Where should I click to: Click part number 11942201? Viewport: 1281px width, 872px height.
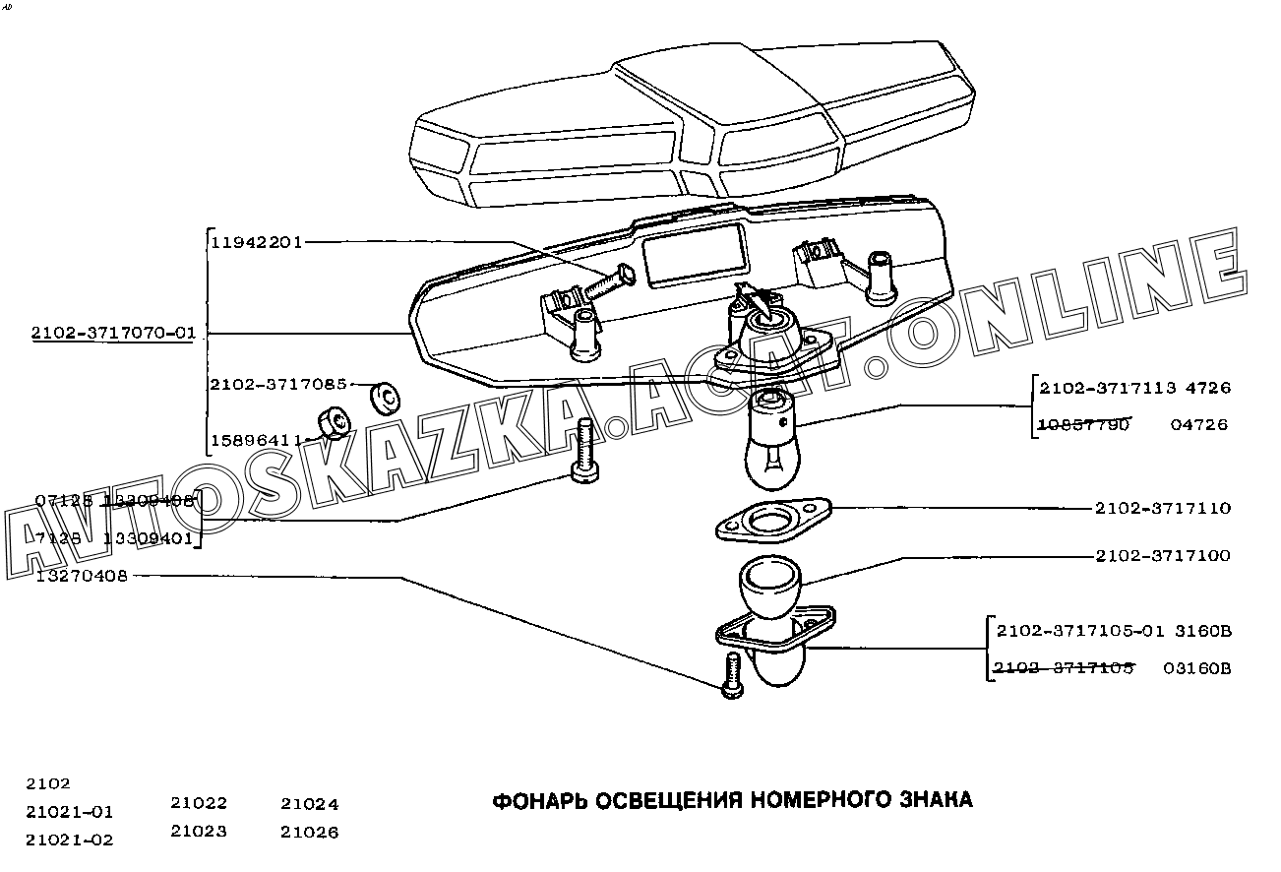click(256, 242)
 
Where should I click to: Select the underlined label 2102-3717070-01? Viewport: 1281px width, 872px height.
click(113, 334)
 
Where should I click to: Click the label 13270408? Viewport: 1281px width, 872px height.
click(82, 576)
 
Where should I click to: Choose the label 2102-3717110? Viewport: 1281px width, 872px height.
click(1162, 509)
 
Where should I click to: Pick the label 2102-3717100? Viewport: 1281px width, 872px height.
click(1162, 556)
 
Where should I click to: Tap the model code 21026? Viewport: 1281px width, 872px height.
click(309, 833)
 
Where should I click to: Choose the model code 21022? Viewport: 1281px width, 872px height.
click(198, 804)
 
